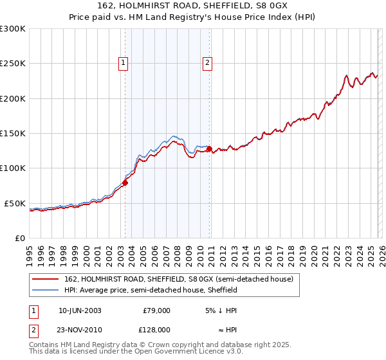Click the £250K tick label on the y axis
tap(13, 64)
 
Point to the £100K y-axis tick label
tap(13, 168)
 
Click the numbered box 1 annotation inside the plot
tap(123, 63)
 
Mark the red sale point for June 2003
tap(125, 183)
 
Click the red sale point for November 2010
tap(209, 148)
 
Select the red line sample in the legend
tap(46, 279)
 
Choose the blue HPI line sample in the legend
tap(46, 290)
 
